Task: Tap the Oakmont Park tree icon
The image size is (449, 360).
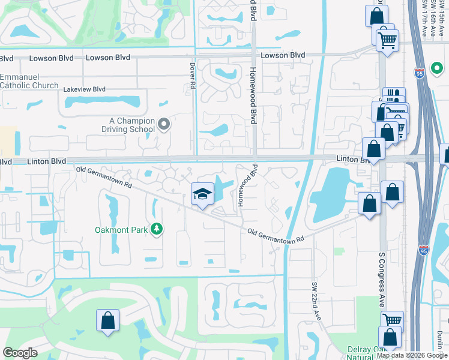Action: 157,229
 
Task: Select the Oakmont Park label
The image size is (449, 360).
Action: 122,229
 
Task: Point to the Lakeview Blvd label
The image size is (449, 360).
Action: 85,89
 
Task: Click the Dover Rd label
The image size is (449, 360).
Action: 193,76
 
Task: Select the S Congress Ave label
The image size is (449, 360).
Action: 381,278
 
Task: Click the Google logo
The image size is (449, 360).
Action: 20,353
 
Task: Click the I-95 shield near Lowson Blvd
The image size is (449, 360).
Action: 420,73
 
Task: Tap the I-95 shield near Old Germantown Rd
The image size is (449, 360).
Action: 424,248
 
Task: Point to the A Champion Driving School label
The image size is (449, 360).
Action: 127,125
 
